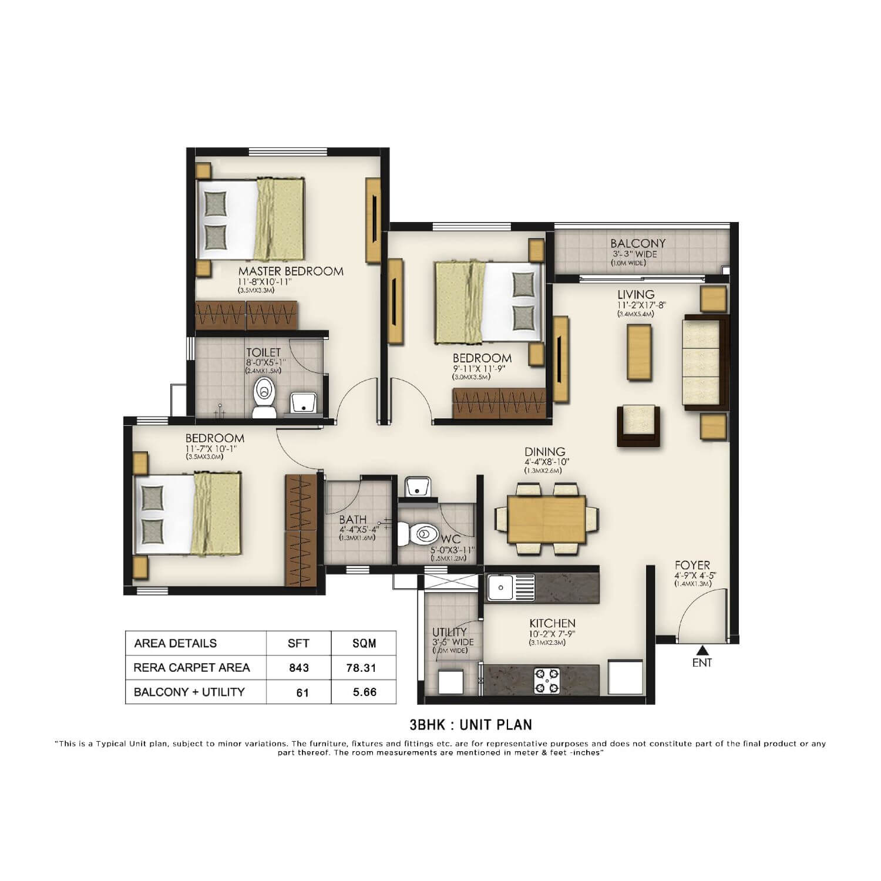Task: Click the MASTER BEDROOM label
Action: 291,271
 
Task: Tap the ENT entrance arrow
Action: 702,650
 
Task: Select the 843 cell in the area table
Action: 299,668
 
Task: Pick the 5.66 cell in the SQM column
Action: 364,692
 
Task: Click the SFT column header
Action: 299,643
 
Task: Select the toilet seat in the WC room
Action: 419,534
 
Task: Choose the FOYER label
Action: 692,566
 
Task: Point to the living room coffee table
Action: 639,352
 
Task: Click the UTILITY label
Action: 449,633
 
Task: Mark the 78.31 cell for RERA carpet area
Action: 364,668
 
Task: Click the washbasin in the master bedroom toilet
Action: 304,402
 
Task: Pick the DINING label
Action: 545,452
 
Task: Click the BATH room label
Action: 352,519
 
